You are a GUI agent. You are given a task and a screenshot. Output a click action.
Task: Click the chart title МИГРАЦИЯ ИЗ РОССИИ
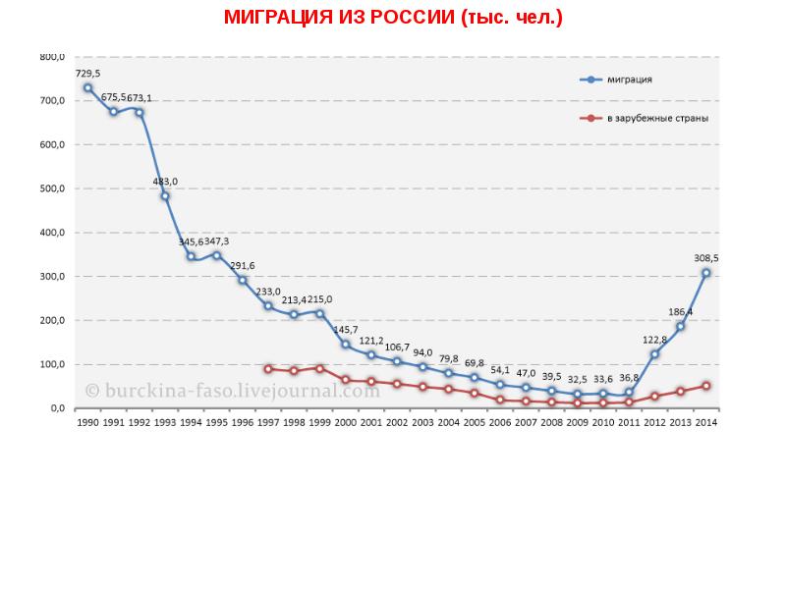click(393, 18)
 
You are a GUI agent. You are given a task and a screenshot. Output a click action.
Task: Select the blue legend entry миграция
click(630, 80)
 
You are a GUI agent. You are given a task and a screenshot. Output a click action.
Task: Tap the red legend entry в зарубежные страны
click(657, 118)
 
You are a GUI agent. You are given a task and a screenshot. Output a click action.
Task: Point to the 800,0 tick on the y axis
click(52, 57)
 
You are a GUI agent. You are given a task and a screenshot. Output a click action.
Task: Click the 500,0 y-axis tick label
click(52, 188)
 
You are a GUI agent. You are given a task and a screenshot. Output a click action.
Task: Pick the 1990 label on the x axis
click(87, 422)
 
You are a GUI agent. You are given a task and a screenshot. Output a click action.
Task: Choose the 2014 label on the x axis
click(705, 422)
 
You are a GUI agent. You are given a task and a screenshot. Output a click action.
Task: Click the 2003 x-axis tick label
click(422, 422)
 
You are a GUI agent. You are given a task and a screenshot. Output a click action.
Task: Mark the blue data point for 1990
click(87, 88)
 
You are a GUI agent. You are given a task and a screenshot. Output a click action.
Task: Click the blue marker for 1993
click(165, 196)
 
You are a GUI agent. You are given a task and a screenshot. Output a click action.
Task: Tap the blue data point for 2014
click(705, 273)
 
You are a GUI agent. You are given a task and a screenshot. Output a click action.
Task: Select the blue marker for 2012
click(654, 354)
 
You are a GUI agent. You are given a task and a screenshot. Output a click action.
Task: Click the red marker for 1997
click(268, 369)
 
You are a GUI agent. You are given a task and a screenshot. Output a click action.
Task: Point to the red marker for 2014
click(705, 386)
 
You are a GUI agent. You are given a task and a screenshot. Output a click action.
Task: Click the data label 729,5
click(87, 73)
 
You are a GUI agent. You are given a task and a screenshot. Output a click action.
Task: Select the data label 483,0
click(165, 181)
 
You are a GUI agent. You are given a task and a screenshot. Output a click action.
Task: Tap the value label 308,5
click(705, 257)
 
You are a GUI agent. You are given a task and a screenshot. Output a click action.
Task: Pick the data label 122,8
click(654, 339)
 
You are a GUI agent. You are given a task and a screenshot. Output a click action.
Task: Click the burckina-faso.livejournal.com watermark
click(232, 390)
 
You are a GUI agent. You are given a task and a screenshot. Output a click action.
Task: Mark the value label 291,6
click(242, 265)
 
